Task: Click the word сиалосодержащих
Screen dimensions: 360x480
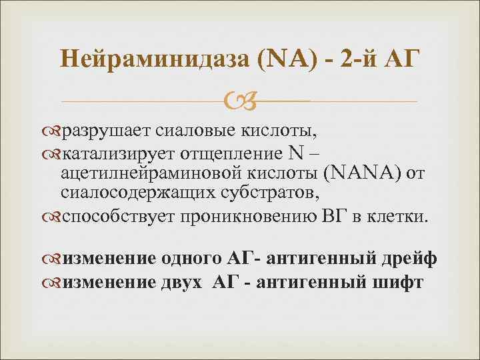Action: tap(123, 195)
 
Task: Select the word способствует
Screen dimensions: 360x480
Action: tap(116, 217)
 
